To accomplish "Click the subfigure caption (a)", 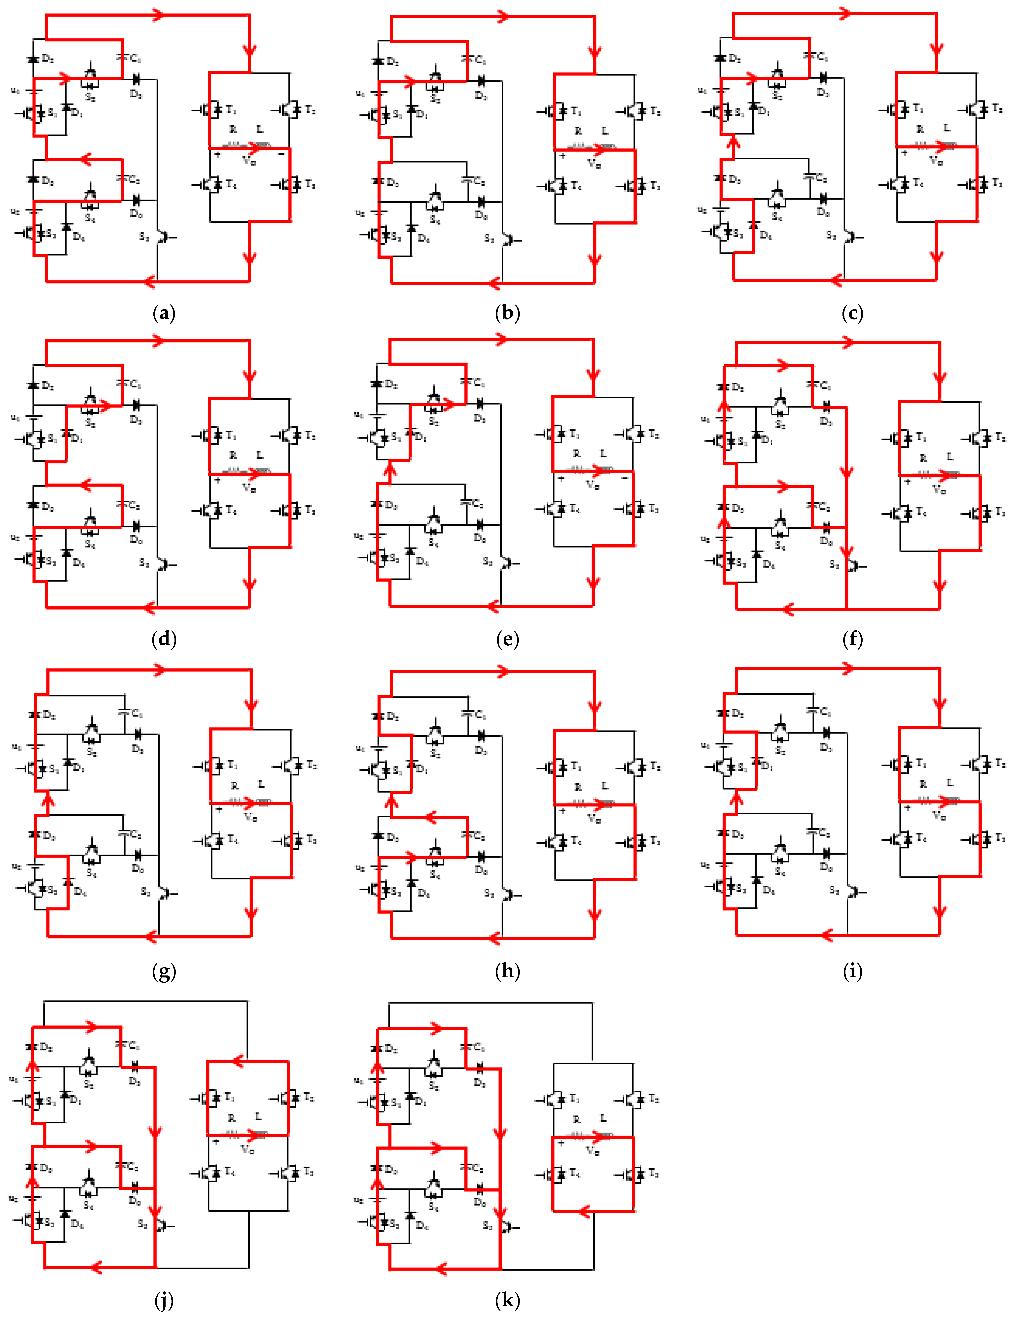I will click(164, 313).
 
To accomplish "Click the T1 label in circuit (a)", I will click(232, 110).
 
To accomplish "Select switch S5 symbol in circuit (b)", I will click(508, 240).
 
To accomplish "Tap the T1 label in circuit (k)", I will click(575, 1098).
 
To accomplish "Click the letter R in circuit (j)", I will click(231, 1118).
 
